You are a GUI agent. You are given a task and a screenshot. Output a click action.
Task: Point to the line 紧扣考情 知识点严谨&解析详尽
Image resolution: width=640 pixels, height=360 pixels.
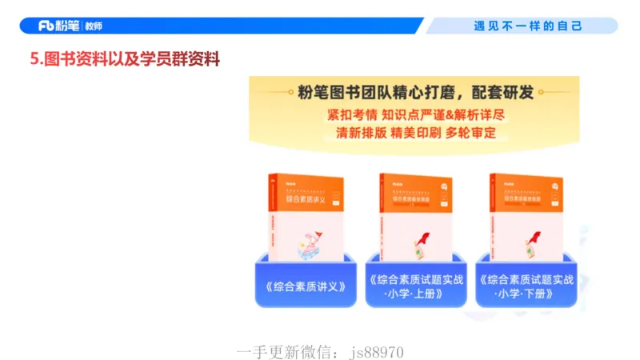click(414, 114)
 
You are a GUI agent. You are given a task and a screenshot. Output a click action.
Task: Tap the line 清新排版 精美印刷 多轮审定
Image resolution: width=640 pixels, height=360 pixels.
click(414, 133)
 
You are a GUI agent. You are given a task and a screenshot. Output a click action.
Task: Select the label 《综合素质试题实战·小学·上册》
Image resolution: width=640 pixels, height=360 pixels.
click(415, 286)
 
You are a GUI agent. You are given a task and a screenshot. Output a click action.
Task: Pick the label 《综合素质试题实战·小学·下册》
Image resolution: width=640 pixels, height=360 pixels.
click(526, 286)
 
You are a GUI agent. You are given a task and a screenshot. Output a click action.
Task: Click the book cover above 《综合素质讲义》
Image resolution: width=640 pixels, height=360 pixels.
click(305, 216)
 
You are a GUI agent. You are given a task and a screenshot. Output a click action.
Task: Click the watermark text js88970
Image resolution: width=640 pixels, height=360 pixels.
click(382, 351)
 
